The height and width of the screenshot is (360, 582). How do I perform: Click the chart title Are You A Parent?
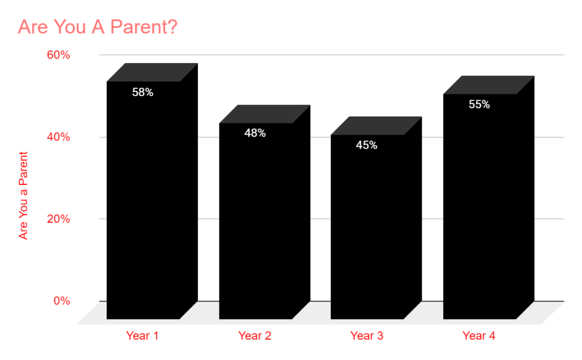pos(98,27)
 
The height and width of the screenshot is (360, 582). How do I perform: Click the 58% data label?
pos(143,92)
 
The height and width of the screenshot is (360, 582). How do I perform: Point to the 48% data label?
pos(255,133)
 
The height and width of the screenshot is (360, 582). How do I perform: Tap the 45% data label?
pos(367,145)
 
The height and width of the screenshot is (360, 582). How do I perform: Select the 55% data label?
pos(479,105)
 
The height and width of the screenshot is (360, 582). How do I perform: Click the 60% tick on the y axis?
pos(59,55)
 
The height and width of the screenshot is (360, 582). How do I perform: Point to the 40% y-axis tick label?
pos(59,137)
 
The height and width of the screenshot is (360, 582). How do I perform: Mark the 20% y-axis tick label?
pos(59,219)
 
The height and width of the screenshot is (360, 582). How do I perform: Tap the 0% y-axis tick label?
pos(61,301)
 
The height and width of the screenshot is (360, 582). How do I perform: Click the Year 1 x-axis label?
pos(142,336)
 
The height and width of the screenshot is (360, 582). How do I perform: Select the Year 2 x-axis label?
pos(255,336)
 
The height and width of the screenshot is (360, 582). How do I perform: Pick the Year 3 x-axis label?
pos(367,336)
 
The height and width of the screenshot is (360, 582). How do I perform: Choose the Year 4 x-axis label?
pos(479,336)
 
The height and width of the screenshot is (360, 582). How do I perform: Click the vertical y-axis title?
pos(23,196)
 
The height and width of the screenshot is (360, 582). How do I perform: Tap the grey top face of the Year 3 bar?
pos(376,126)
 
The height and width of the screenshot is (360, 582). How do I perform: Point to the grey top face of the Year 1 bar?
pos(152,72)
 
